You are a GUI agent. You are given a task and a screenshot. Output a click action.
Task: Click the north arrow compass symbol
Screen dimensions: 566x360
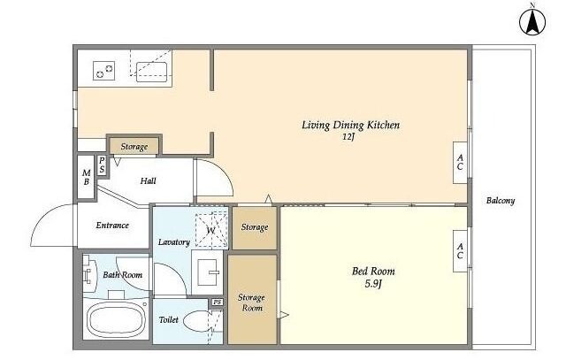532,21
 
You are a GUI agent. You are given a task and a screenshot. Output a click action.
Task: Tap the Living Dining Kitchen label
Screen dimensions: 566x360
350,125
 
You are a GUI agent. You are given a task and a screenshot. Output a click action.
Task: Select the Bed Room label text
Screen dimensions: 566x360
373,271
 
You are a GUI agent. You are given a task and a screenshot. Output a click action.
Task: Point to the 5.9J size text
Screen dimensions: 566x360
373,284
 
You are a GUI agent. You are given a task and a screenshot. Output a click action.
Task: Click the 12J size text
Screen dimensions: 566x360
348,137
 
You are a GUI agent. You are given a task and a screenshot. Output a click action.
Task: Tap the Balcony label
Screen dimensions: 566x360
501,201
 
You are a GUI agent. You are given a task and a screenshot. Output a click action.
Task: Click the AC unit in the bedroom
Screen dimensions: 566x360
460,251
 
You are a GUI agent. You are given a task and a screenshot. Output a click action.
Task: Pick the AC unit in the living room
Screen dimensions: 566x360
460,162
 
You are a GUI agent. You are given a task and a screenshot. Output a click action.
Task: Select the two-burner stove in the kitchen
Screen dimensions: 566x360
104,71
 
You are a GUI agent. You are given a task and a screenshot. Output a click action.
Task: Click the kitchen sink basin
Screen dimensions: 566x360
151,73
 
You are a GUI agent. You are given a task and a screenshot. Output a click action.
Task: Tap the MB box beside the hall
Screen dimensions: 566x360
87,177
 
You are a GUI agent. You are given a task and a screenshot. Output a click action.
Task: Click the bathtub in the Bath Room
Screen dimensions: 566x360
116,318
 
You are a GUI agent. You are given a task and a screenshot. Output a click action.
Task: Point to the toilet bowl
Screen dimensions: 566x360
197,320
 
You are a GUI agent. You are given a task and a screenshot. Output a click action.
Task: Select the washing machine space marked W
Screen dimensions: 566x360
211,230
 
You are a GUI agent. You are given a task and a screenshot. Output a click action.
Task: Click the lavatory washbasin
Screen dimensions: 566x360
208,272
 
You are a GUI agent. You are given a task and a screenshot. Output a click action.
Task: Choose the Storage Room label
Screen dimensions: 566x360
251,303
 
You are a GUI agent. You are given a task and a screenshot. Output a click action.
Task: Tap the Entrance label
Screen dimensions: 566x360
112,226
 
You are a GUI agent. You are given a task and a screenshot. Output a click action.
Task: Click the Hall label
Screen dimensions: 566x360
149,181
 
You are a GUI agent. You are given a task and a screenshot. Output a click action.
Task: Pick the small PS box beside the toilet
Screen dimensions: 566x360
217,302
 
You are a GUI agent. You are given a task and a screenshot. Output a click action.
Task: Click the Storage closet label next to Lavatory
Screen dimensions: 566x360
255,227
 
